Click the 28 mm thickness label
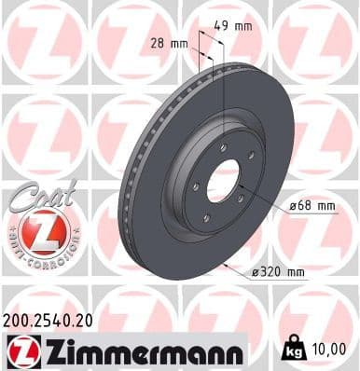(x=171, y=43)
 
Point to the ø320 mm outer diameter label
(x=281, y=271)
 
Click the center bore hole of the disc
(x=224, y=181)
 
